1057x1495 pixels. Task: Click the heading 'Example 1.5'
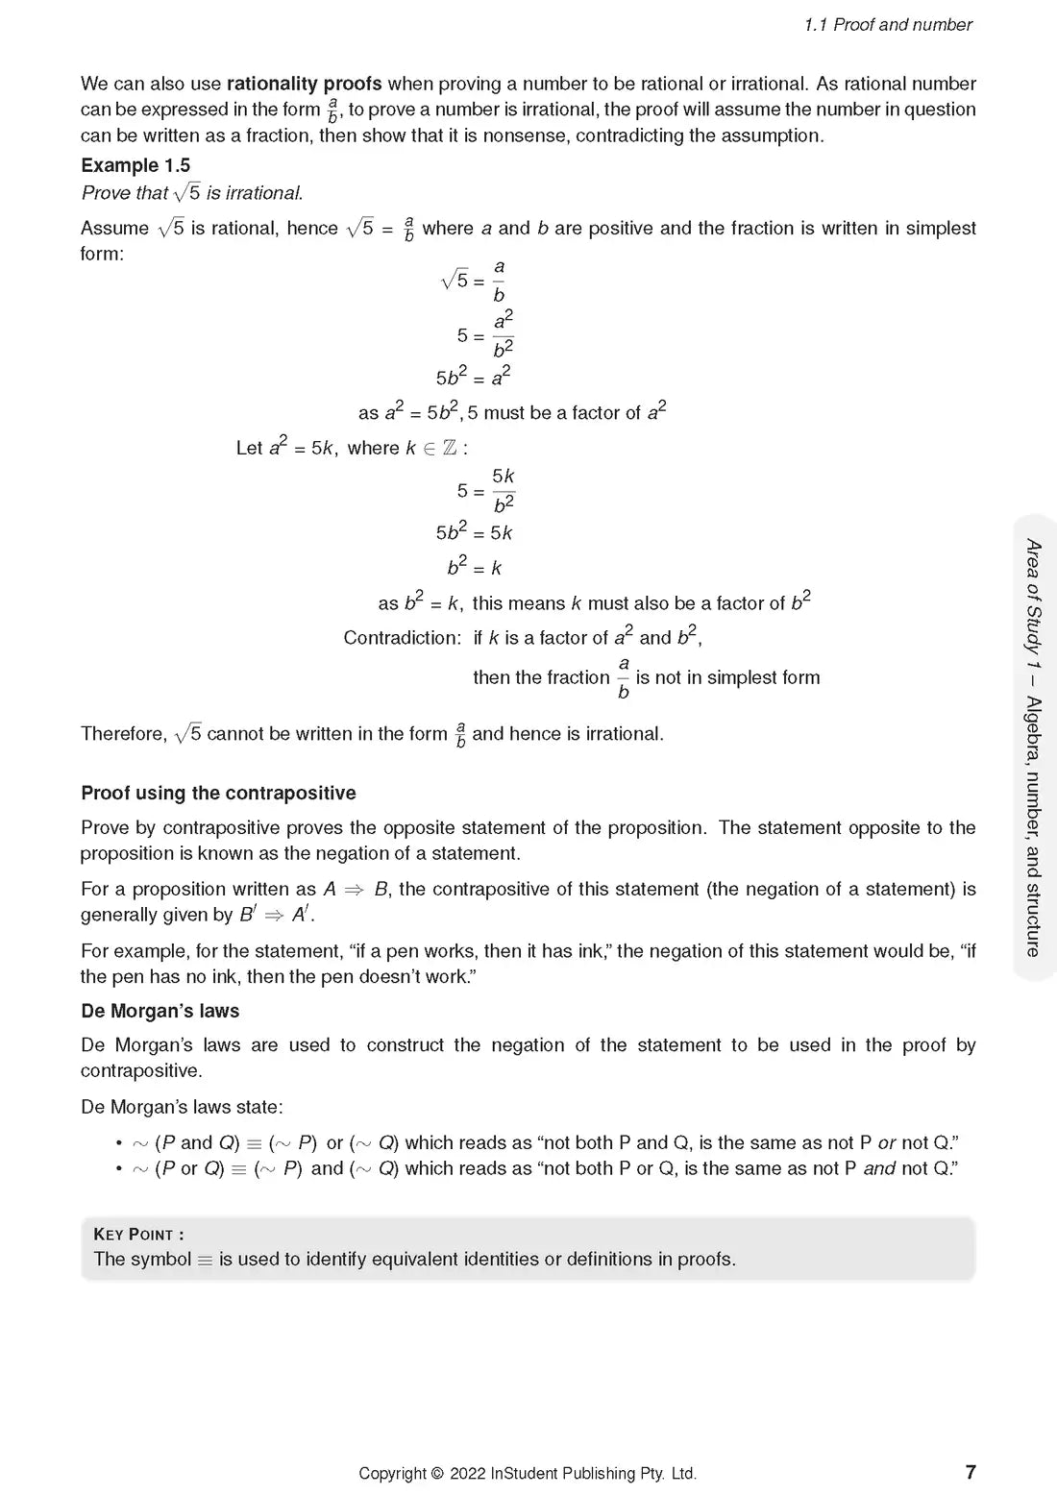(x=135, y=165)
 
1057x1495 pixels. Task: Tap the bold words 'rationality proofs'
(x=304, y=84)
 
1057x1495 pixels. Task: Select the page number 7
(x=971, y=1472)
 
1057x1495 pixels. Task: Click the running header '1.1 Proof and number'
(x=888, y=25)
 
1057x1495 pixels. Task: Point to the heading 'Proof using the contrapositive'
(x=218, y=793)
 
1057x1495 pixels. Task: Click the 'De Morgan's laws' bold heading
(x=160, y=1011)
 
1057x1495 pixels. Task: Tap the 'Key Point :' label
(x=138, y=1234)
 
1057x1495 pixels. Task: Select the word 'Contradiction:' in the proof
(x=403, y=638)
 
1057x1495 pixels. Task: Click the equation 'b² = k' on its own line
(x=475, y=567)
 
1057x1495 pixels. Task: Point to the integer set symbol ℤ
(x=450, y=449)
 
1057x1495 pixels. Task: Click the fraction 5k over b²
(x=504, y=490)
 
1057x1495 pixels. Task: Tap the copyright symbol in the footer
(x=437, y=1473)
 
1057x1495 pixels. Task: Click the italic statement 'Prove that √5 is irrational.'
(x=192, y=193)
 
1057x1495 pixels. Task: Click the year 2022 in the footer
(x=467, y=1473)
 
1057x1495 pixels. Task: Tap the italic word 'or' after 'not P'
(x=887, y=1142)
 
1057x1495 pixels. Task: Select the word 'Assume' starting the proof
(x=114, y=229)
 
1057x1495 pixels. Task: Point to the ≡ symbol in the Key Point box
(x=205, y=1260)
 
